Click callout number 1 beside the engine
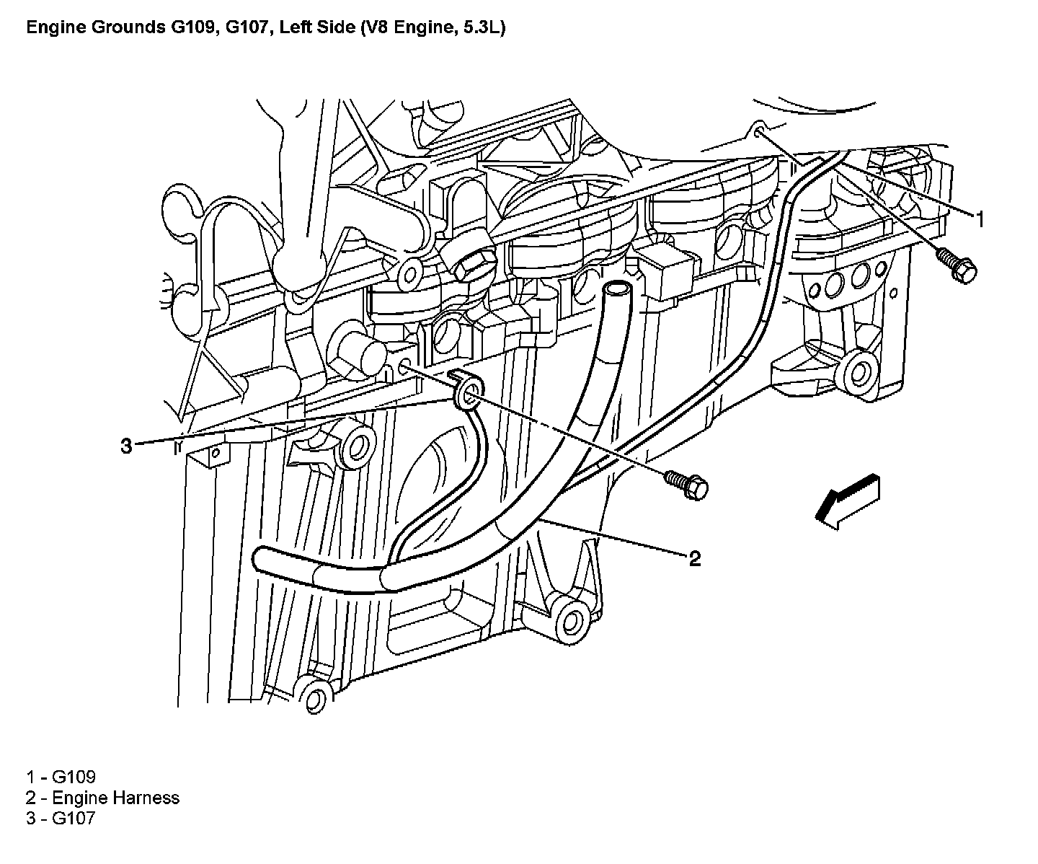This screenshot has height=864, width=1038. click(x=979, y=220)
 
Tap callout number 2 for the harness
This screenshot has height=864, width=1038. click(x=694, y=558)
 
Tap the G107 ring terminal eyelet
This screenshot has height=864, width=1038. click(x=468, y=394)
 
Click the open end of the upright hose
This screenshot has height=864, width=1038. click(x=614, y=288)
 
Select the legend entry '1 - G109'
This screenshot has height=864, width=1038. click(x=61, y=777)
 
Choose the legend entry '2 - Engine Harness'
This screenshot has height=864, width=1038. click(x=102, y=798)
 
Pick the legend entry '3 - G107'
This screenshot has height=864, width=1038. click(x=61, y=818)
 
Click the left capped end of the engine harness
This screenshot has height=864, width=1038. click(x=262, y=559)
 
